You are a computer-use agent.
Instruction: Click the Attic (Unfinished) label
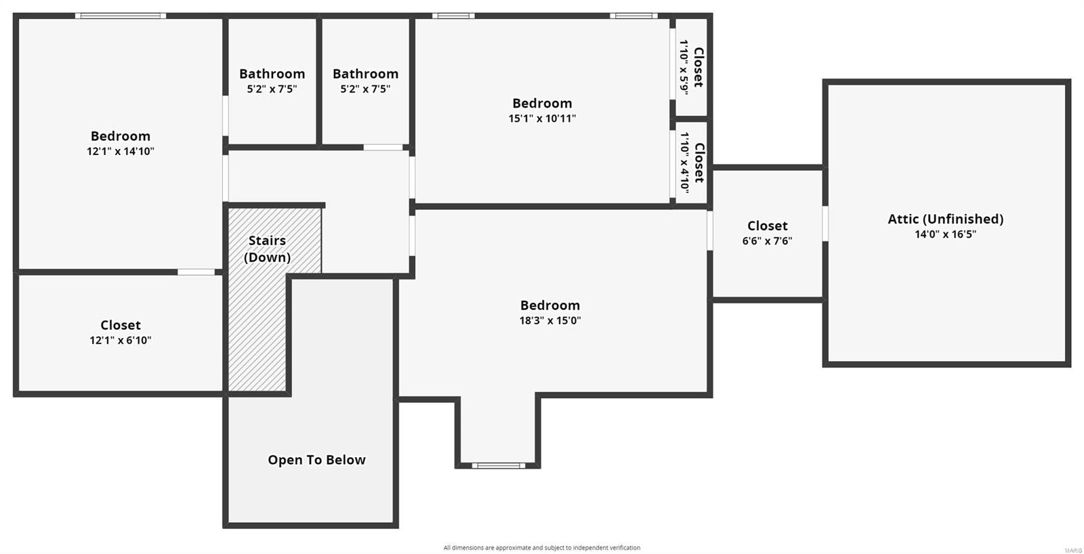(945, 219)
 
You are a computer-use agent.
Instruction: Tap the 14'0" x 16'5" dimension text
(945, 234)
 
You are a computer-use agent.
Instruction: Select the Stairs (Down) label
(267, 249)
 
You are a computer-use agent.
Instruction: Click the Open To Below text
(316, 460)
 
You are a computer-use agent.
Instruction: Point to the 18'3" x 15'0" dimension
(549, 320)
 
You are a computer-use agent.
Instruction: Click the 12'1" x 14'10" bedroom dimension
(121, 152)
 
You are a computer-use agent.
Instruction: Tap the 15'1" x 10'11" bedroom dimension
(542, 119)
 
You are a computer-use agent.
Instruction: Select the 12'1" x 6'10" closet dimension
(121, 340)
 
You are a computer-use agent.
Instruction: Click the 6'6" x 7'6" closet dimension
(767, 241)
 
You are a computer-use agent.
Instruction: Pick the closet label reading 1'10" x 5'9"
(691, 67)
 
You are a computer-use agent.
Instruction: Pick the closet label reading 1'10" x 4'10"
(691, 163)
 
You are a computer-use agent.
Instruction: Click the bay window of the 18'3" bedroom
(499, 465)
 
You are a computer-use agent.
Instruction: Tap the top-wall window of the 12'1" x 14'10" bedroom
(121, 16)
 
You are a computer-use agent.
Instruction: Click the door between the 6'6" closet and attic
(825, 223)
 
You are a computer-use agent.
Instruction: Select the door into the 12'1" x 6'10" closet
(196, 272)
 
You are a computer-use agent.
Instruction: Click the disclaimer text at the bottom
(541, 547)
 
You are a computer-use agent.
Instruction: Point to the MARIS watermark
(1072, 550)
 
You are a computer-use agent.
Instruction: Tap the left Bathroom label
(272, 74)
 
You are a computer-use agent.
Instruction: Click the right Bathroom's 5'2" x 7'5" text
(365, 89)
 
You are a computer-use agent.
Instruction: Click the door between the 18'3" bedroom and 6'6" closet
(710, 230)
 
